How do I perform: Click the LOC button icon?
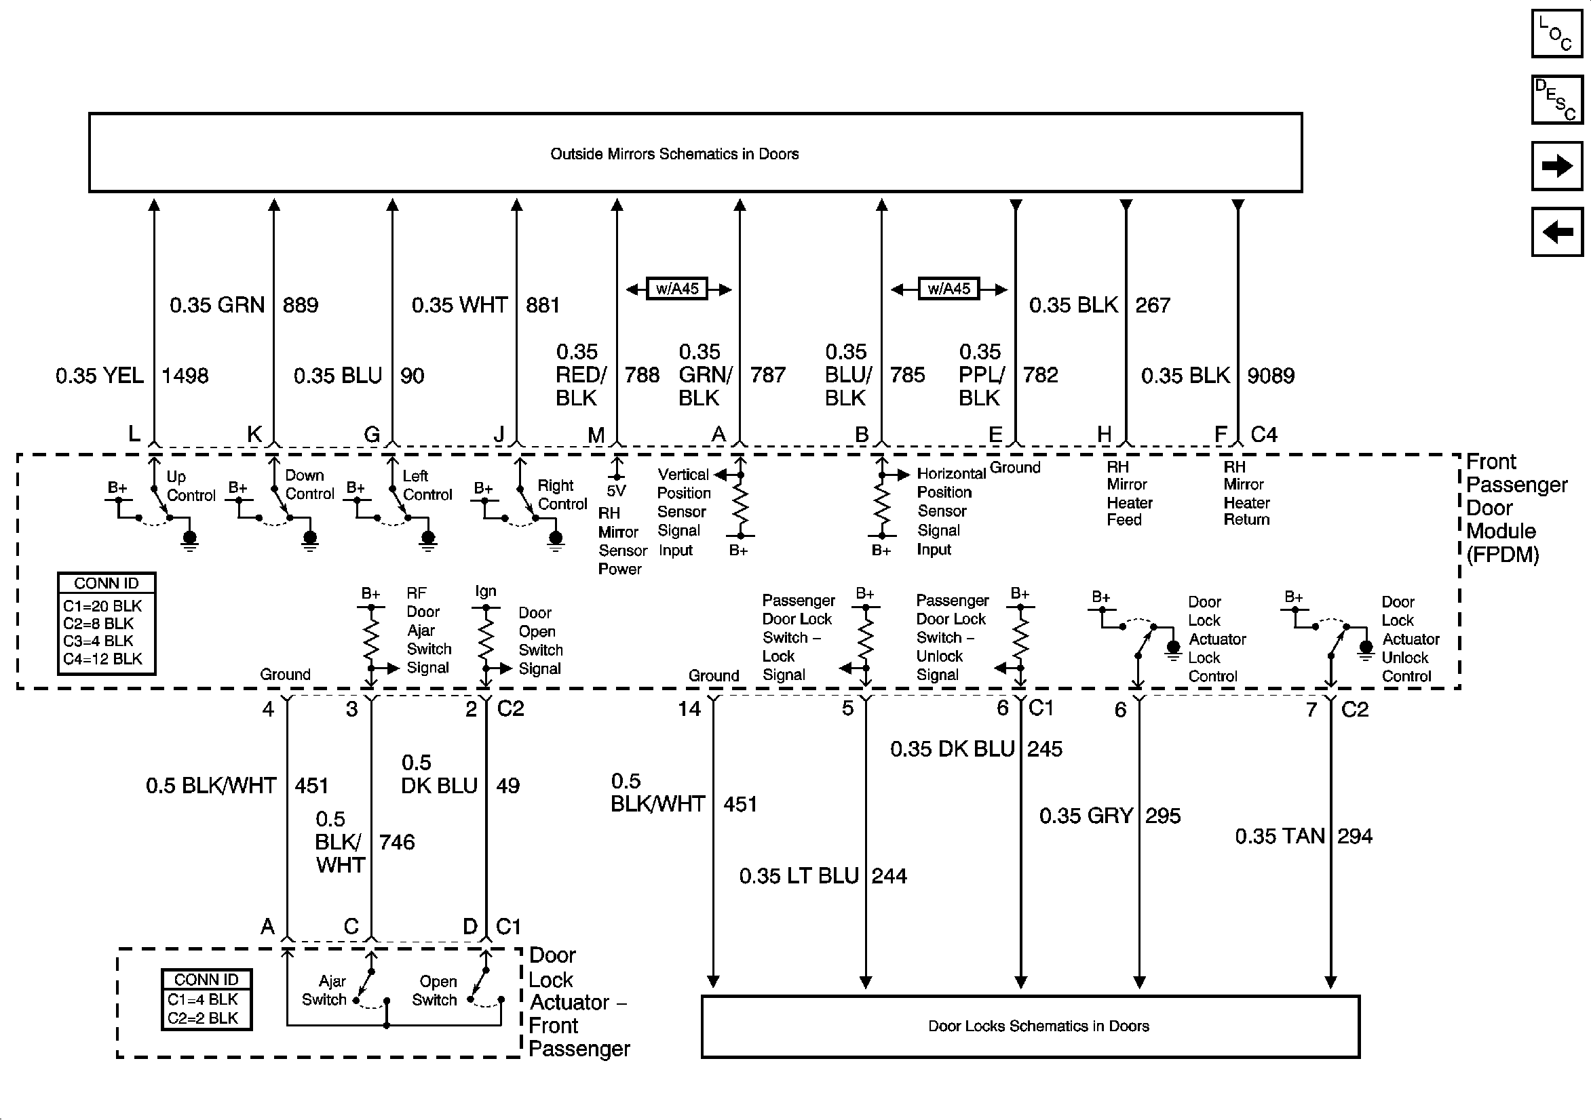[1556, 33]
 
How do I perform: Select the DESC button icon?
[1556, 100]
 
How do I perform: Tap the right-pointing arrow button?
[1556, 165]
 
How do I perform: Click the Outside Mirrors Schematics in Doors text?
[674, 154]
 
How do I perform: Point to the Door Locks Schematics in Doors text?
[1038, 1026]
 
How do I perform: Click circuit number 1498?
[185, 376]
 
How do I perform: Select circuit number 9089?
[1270, 376]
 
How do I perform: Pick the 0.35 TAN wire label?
[1279, 836]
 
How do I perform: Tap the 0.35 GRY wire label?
[1086, 816]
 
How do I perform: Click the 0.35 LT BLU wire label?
[799, 876]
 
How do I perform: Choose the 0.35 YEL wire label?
[100, 376]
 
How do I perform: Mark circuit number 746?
[396, 842]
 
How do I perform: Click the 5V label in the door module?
[616, 491]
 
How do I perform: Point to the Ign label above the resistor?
[485, 591]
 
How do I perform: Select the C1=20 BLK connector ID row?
[102, 606]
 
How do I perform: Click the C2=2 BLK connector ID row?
[202, 1018]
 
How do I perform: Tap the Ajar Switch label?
[324, 991]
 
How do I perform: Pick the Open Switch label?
[434, 991]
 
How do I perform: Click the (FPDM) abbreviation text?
[1502, 555]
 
